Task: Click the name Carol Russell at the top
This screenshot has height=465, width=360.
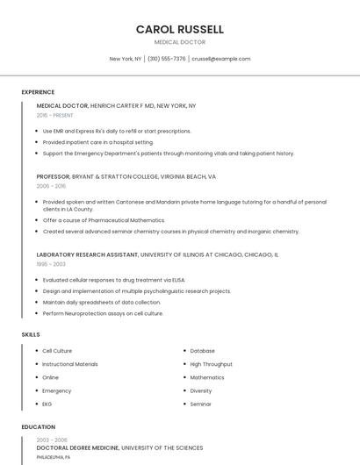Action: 180,29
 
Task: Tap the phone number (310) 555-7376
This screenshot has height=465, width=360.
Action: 166,59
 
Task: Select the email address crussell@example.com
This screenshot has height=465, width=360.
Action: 220,59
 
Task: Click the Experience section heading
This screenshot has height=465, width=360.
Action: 38,92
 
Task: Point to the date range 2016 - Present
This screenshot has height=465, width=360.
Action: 54,115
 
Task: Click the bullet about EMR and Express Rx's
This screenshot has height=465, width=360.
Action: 116,131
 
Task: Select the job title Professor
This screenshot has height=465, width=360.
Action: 53,176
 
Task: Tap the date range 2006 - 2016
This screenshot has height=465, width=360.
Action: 51,186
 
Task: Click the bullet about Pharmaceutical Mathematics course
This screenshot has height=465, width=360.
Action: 104,220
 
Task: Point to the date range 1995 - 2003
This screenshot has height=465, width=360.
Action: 51,263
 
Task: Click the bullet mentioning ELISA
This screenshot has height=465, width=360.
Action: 113,280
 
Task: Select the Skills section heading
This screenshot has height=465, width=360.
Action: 31,334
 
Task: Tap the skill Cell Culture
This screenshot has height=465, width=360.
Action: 57,351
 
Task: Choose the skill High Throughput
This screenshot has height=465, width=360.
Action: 211,364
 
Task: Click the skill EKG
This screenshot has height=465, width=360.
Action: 47,404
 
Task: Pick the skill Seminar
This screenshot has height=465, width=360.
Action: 200,404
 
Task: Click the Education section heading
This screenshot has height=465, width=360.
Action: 38,427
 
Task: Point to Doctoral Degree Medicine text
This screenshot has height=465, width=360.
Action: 77,447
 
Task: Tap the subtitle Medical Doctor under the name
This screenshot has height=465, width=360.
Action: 180,42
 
